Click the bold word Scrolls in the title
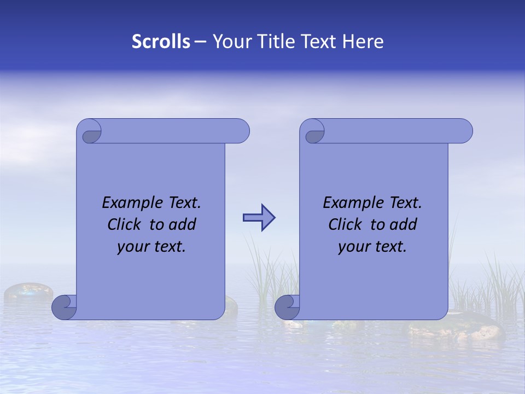pyautogui.click(x=161, y=42)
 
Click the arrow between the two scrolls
pyautogui.click(x=259, y=218)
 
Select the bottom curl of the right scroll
pyautogui.click(x=287, y=308)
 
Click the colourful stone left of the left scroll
pyautogui.click(x=28, y=292)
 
